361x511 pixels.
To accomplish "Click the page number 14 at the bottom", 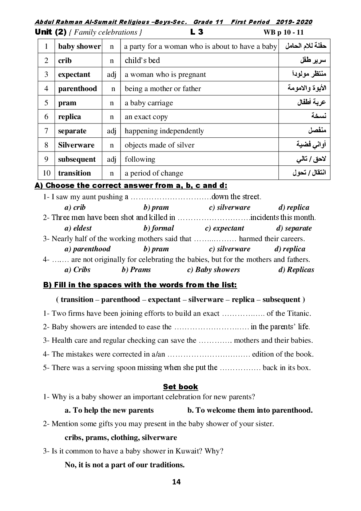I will [x=176, y=482].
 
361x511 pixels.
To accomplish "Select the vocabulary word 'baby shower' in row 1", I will [x=79, y=46].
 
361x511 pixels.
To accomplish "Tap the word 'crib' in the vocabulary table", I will [x=65, y=60].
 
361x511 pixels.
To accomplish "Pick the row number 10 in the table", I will [x=47, y=173].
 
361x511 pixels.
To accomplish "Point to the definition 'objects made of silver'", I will [x=159, y=145].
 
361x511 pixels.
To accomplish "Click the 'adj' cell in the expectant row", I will [x=111, y=74].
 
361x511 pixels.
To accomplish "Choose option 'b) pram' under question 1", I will [x=156, y=207].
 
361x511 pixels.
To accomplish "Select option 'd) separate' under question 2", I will [x=294, y=228].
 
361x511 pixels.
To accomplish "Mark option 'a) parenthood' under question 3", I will [x=87, y=249].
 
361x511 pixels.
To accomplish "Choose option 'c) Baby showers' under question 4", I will [x=214, y=270].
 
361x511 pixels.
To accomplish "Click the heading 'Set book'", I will [x=180, y=387].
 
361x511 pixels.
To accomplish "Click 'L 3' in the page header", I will [x=197, y=32].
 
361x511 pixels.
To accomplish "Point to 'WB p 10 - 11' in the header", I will [x=283, y=32].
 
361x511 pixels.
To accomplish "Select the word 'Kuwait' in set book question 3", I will [x=189, y=451].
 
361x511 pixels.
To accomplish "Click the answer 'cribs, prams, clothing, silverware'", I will [x=121, y=437].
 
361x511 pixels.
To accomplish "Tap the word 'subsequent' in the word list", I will [x=281, y=299].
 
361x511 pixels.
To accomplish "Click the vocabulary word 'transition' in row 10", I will [x=74, y=173].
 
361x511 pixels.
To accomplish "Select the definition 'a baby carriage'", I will [x=149, y=103].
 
